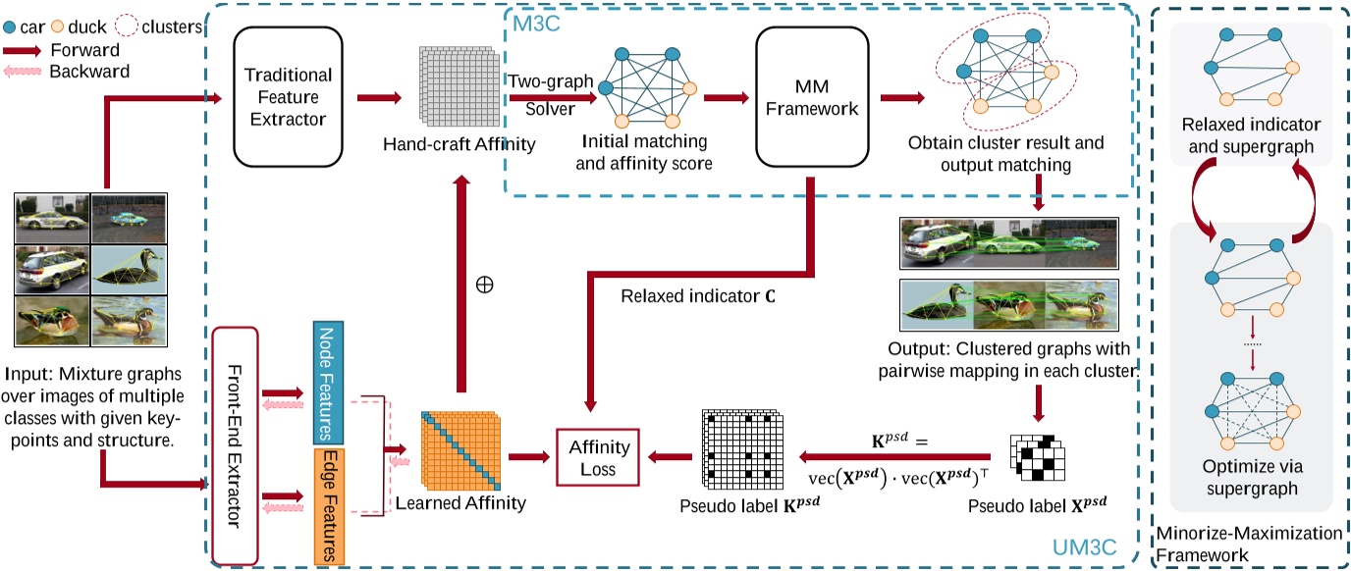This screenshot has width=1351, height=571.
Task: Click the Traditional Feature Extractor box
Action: coord(288,95)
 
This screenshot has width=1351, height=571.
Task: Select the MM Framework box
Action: coord(813,95)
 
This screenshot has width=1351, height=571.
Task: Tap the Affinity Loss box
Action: coord(598,456)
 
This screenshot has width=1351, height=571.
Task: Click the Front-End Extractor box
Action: coord(234,445)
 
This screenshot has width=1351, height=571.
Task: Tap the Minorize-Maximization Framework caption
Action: coord(1247,544)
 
